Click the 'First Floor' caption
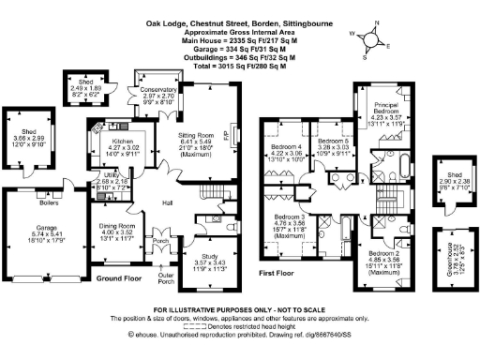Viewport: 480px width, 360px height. [280, 272]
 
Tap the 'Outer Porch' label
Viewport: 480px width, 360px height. [165, 277]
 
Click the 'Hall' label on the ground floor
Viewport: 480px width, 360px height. [168, 203]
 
